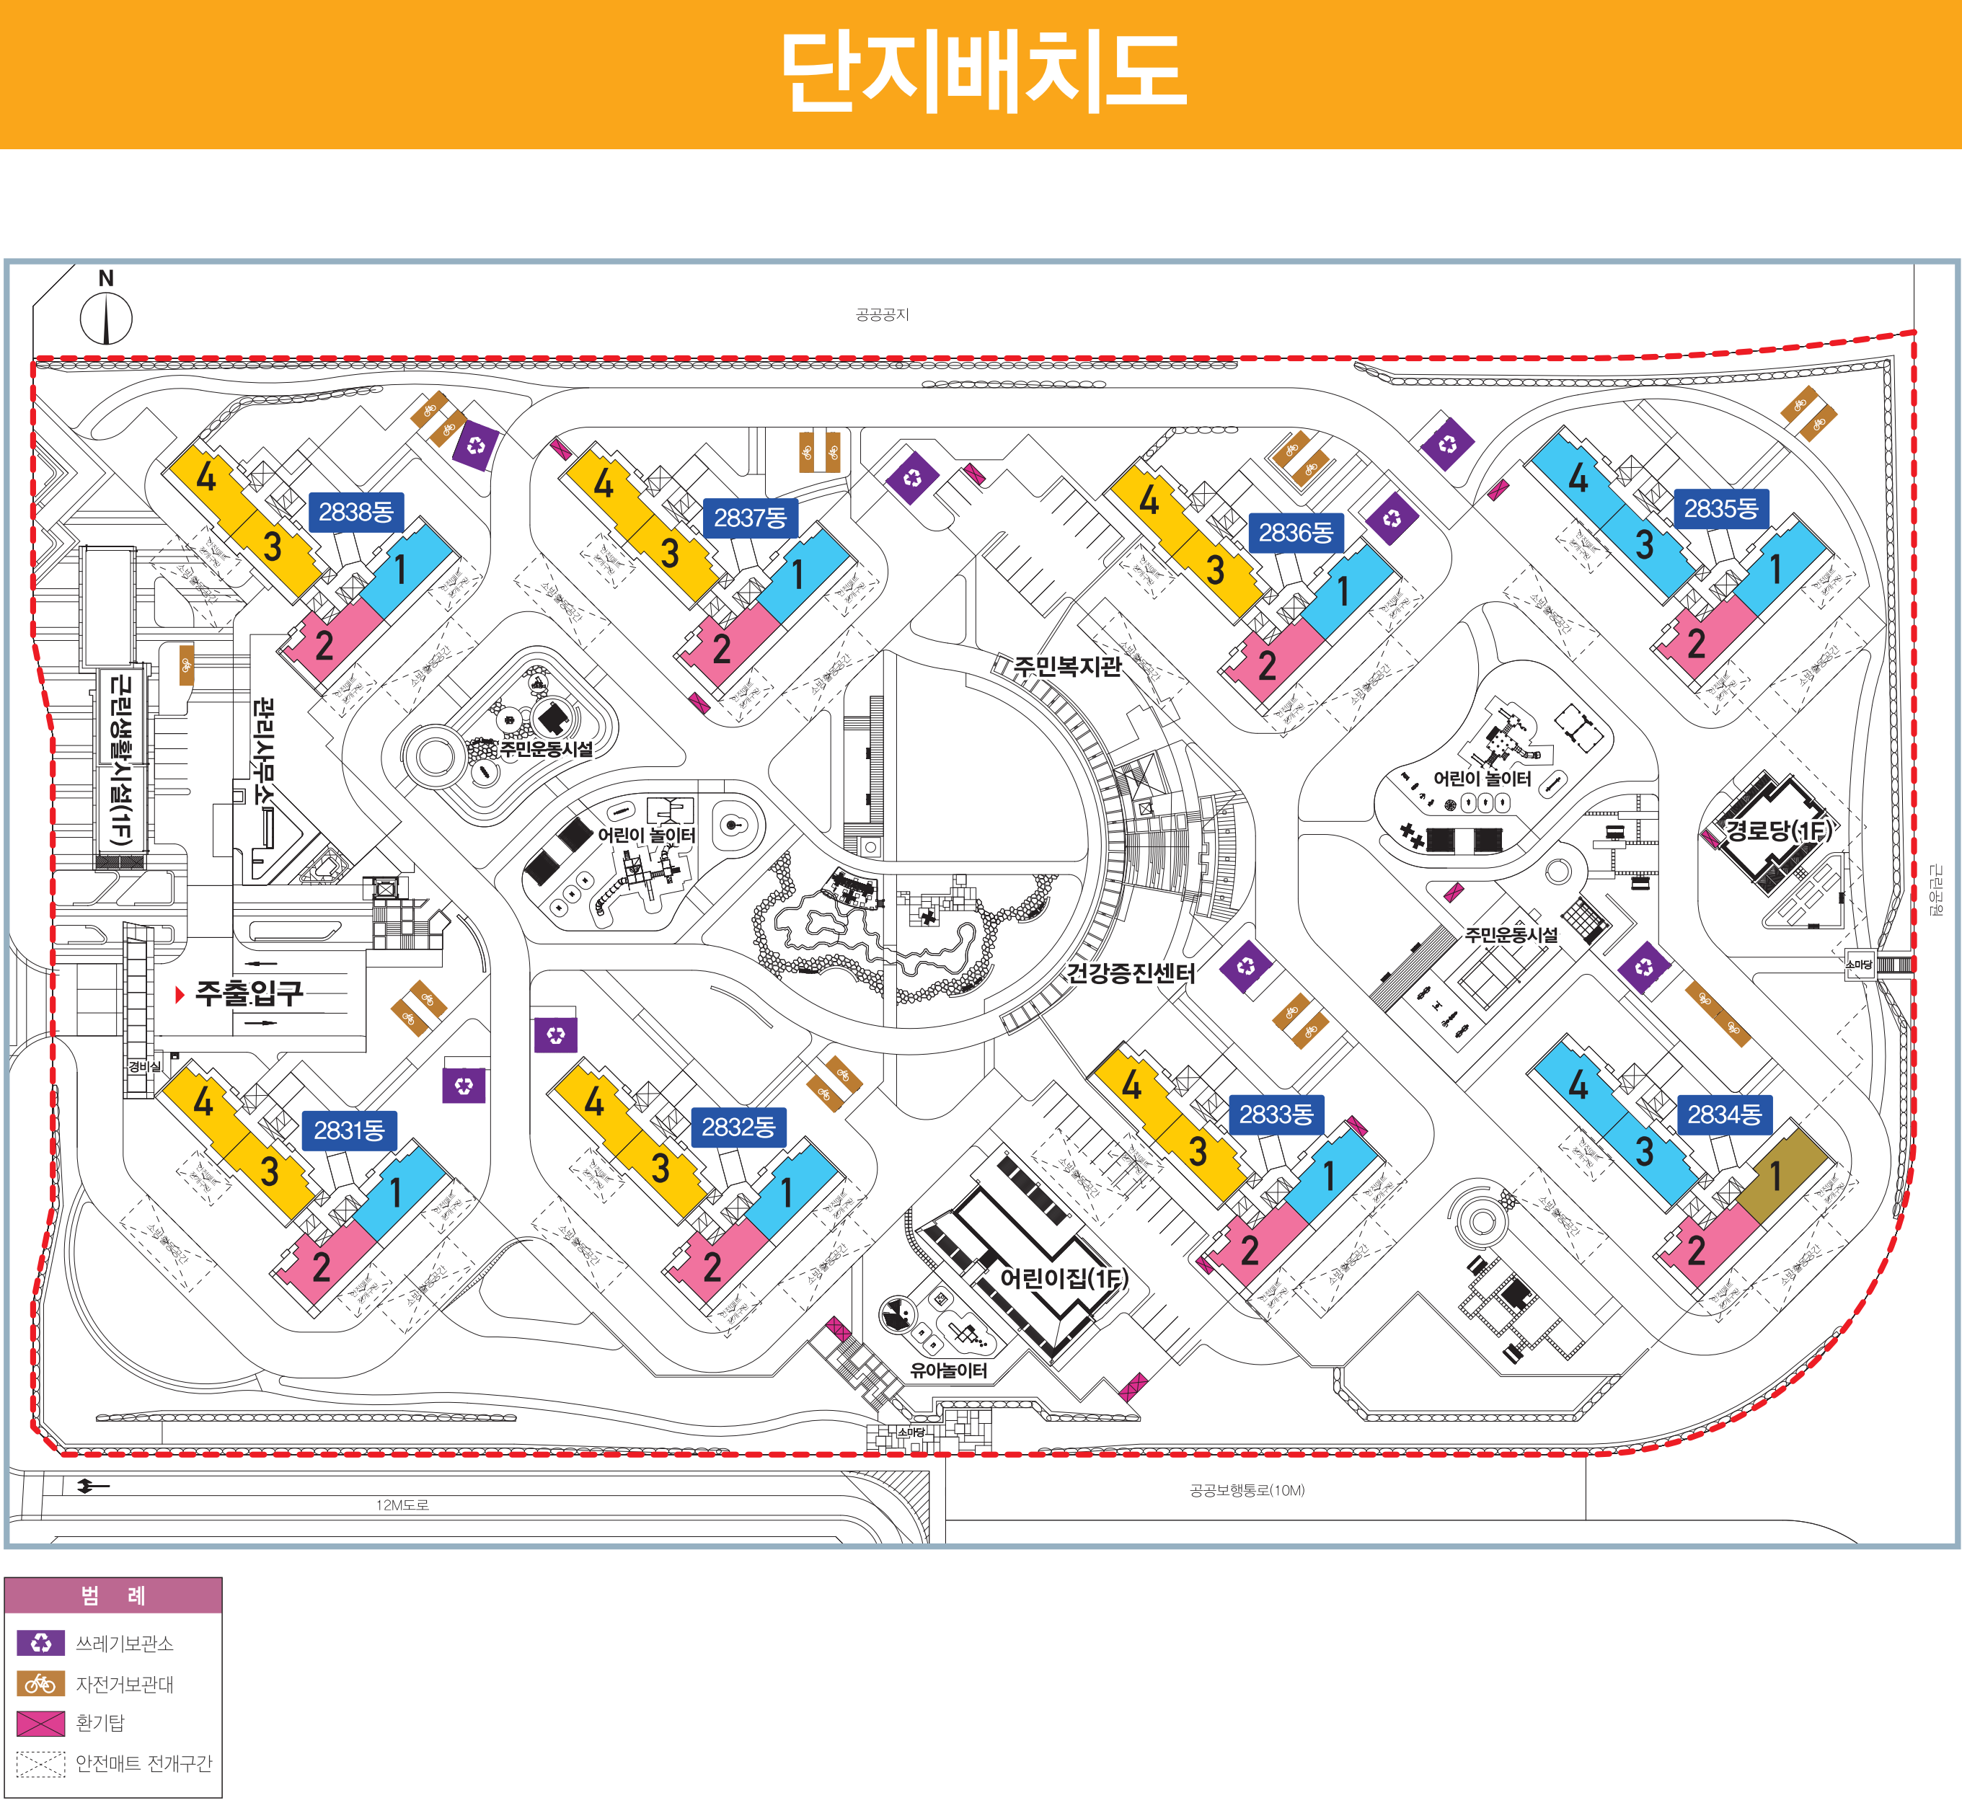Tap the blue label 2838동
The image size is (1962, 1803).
[x=356, y=511]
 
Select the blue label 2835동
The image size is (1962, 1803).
[x=1721, y=508]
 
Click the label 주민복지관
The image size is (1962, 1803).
[x=1067, y=666]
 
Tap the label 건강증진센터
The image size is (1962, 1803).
[x=1131, y=973]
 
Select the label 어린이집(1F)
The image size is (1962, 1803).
[x=1064, y=1278]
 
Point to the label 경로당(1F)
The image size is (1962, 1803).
[x=1777, y=830]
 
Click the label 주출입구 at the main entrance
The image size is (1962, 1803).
[x=249, y=993]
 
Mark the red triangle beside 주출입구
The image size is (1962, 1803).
[x=180, y=994]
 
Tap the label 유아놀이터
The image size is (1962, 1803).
[x=948, y=1370]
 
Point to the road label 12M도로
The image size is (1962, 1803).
[x=402, y=1505]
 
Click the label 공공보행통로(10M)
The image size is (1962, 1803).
[x=1247, y=1490]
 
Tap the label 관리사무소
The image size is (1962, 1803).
[x=263, y=750]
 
